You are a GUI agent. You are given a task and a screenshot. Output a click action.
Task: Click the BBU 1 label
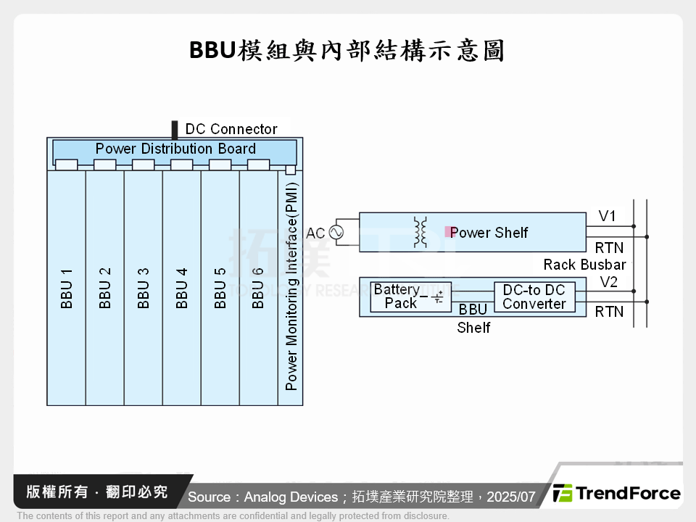[x=67, y=289]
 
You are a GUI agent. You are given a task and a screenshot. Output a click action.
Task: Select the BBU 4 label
[x=182, y=289]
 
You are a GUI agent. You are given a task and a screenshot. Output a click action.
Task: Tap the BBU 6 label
[x=258, y=289]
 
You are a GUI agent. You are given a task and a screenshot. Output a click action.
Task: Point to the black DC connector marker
[x=174, y=130]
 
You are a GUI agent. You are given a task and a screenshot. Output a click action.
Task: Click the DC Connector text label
[x=231, y=129]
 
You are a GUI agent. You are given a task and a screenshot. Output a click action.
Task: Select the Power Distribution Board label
[x=175, y=149]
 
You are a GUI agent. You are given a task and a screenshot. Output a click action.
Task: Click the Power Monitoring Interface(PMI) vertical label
[x=291, y=286]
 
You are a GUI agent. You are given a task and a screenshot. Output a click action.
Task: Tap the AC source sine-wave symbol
[x=336, y=233]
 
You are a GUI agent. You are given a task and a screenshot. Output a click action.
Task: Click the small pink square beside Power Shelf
[x=448, y=232]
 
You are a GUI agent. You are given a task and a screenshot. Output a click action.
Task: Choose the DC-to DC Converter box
[x=534, y=297]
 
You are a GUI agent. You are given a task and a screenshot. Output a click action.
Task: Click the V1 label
[x=608, y=216]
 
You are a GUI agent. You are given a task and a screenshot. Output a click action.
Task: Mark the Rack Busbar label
[x=584, y=265]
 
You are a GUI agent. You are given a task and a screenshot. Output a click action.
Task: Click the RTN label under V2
[x=609, y=312]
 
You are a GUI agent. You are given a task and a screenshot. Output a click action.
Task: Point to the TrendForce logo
[x=617, y=494]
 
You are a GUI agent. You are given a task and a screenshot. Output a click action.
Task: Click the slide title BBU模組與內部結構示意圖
[x=347, y=51]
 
